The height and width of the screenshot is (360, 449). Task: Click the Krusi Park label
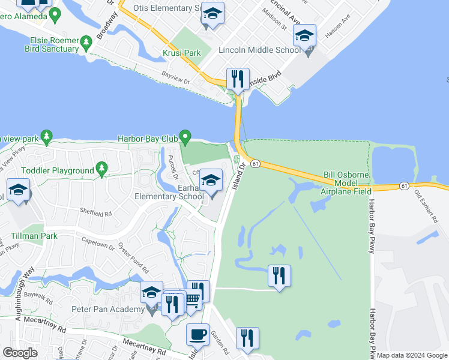[184, 53]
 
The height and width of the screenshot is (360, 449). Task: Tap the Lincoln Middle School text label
[260, 50]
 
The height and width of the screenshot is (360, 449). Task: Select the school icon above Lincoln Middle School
[304, 37]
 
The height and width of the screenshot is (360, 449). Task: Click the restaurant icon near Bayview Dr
[238, 79]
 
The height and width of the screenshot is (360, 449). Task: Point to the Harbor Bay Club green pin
[185, 138]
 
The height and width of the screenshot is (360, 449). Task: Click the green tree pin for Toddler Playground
[102, 169]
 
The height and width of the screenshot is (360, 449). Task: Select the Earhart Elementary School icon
[211, 179]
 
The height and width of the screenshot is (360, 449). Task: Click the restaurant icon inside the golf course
[279, 276]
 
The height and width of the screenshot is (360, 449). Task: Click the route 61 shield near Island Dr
[255, 164]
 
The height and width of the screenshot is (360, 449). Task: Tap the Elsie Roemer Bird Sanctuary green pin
[86, 42]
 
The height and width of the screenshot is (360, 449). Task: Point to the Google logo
[20, 353]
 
